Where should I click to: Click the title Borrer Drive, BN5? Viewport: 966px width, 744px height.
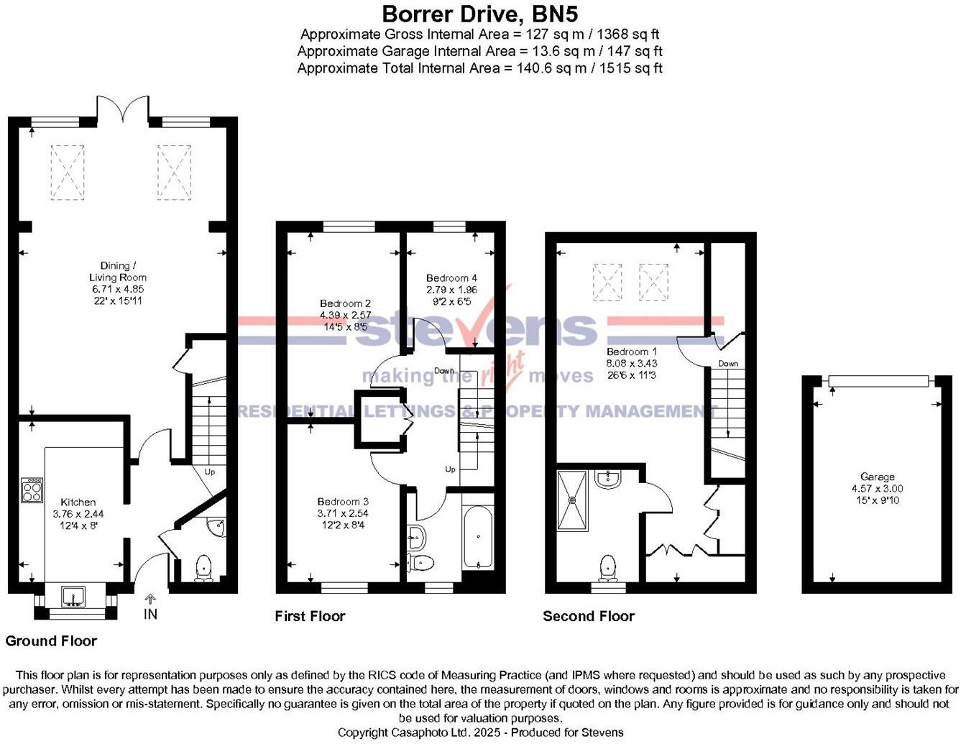[x=479, y=14]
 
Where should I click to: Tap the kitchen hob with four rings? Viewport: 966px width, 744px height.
[x=32, y=490]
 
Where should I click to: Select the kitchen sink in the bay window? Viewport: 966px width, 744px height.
[x=73, y=596]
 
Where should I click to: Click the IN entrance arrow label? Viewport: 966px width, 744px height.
[x=151, y=614]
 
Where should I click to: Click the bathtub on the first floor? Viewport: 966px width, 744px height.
[x=479, y=538]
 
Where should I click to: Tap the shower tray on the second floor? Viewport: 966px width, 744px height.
[x=573, y=501]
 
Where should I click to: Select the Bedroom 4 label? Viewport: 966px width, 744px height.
[x=451, y=278]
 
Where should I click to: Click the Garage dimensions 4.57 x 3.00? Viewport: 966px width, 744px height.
[x=877, y=488]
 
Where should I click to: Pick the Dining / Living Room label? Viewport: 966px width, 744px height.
[x=118, y=272]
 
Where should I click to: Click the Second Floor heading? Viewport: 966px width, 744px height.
[x=589, y=617]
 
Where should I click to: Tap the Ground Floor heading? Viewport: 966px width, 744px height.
[x=51, y=641]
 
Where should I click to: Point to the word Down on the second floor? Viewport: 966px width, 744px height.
[x=728, y=364]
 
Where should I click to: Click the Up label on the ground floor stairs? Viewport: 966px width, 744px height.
[x=210, y=472]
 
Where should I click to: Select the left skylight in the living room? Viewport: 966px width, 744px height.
[x=67, y=173]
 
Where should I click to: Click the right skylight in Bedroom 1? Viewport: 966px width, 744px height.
[x=653, y=283]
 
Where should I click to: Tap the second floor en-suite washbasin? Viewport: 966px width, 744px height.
[x=607, y=479]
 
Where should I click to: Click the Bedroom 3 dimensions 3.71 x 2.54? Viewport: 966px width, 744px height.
[x=343, y=513]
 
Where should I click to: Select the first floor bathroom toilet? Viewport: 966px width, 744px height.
[x=421, y=564]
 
